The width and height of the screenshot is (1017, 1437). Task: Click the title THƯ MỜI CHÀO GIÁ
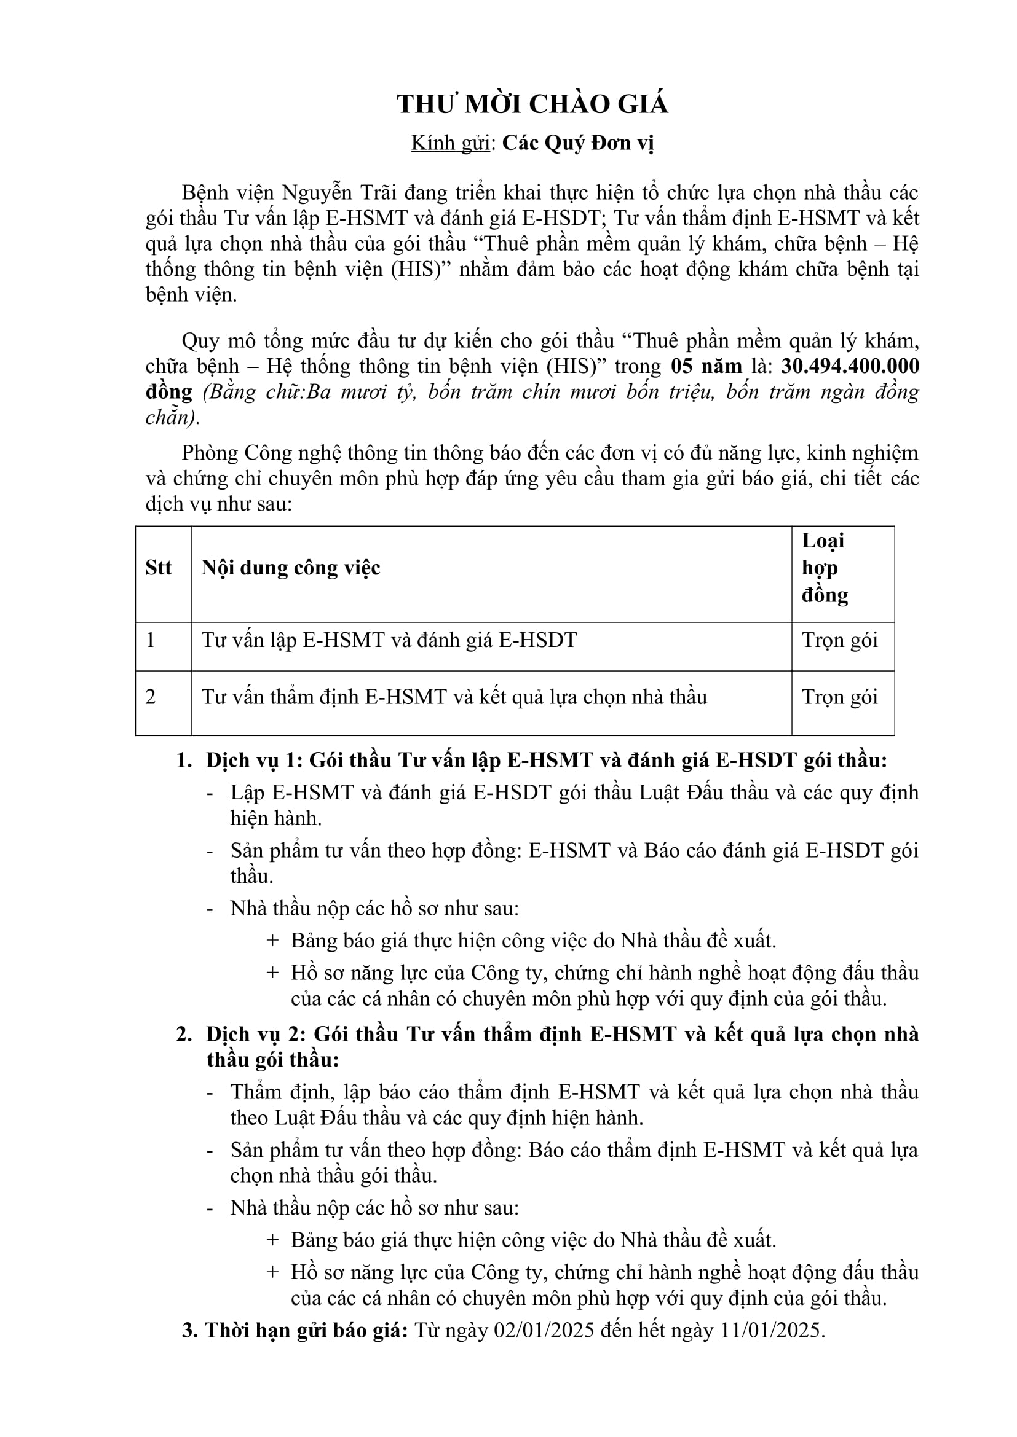(x=532, y=104)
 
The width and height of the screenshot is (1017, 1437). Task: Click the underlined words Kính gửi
(x=449, y=143)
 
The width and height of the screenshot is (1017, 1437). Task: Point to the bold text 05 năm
(x=706, y=366)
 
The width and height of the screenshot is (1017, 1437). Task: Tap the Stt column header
(x=159, y=568)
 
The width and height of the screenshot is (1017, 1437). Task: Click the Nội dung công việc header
(x=291, y=568)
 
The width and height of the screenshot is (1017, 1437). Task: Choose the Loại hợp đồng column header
(x=824, y=568)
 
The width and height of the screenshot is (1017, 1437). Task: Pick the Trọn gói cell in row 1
(x=840, y=640)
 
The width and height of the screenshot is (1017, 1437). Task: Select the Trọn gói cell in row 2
(x=840, y=697)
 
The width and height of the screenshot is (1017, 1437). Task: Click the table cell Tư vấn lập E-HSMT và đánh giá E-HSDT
(x=389, y=640)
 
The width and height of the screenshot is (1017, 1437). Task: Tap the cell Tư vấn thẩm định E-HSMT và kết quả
(x=454, y=697)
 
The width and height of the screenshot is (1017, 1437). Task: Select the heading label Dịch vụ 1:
(x=255, y=761)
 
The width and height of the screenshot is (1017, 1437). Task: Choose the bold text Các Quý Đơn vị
(x=578, y=143)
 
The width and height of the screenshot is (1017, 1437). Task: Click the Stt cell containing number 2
(x=151, y=697)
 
